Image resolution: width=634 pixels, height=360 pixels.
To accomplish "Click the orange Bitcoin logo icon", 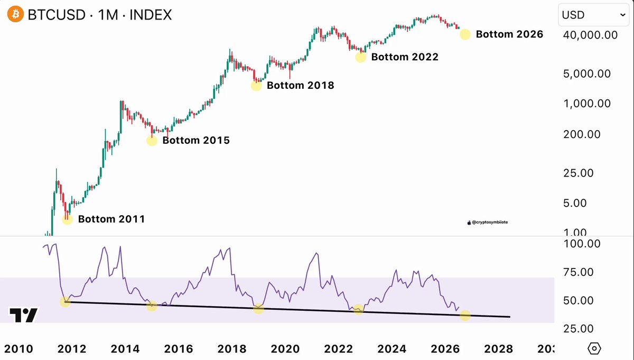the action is pyautogui.click(x=15, y=14).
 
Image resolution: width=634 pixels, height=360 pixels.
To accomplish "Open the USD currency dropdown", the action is pyautogui.click(x=593, y=15).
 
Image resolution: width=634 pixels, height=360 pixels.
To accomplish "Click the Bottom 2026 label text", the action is pyautogui.click(x=509, y=34).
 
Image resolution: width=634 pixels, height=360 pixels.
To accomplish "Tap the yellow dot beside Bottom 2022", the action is pyautogui.click(x=360, y=57).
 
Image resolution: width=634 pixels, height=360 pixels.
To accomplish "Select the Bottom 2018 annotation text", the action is pyautogui.click(x=300, y=85).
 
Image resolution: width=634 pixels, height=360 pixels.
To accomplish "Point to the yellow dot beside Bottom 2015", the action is pyautogui.click(x=152, y=141).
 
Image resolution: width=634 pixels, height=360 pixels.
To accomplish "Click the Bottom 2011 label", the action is pyautogui.click(x=111, y=219).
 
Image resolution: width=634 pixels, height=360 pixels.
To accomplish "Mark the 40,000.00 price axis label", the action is pyautogui.click(x=591, y=35).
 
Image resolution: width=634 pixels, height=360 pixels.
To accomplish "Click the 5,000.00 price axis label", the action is pyautogui.click(x=587, y=74).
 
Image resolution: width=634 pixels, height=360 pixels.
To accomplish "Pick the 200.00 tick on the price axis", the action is pyautogui.click(x=582, y=134).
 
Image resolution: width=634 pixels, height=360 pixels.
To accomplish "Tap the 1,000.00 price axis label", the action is pyautogui.click(x=587, y=104).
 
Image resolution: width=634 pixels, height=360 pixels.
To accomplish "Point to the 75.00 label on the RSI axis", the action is pyautogui.click(x=578, y=272).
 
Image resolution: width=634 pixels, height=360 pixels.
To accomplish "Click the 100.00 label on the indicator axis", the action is pyautogui.click(x=582, y=244).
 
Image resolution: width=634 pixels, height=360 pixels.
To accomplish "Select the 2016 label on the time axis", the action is pyautogui.click(x=179, y=349).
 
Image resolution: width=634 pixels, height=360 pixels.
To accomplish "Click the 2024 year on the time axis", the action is pyautogui.click(x=392, y=349).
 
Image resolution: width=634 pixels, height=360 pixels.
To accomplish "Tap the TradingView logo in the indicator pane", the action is pyautogui.click(x=23, y=315).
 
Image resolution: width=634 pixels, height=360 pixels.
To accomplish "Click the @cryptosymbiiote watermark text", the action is pyautogui.click(x=490, y=223).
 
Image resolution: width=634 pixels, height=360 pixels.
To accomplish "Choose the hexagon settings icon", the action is pyautogui.click(x=594, y=348).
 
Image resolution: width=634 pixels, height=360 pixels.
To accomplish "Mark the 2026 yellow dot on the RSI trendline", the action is pyautogui.click(x=465, y=315).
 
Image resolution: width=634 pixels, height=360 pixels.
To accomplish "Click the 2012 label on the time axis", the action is pyautogui.click(x=72, y=349).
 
